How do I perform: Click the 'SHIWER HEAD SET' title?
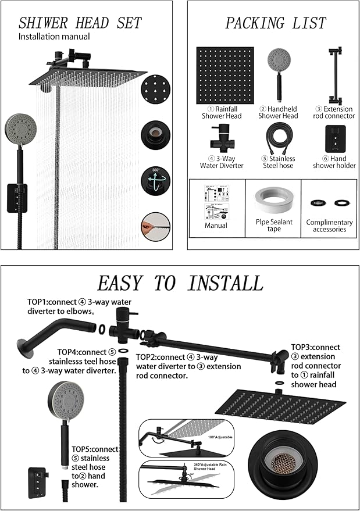[80, 23]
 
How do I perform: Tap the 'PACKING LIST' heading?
[276, 23]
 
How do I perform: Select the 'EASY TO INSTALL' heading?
[180, 283]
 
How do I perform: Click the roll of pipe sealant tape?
[273, 199]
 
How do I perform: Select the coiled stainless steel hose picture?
[278, 140]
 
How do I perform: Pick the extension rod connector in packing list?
[334, 76]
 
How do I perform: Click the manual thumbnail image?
[216, 199]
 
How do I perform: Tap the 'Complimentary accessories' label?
[329, 226]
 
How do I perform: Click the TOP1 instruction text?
[60, 306]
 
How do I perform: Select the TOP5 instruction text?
[95, 466]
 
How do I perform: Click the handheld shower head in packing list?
[278, 74]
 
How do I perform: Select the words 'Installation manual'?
[54, 37]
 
